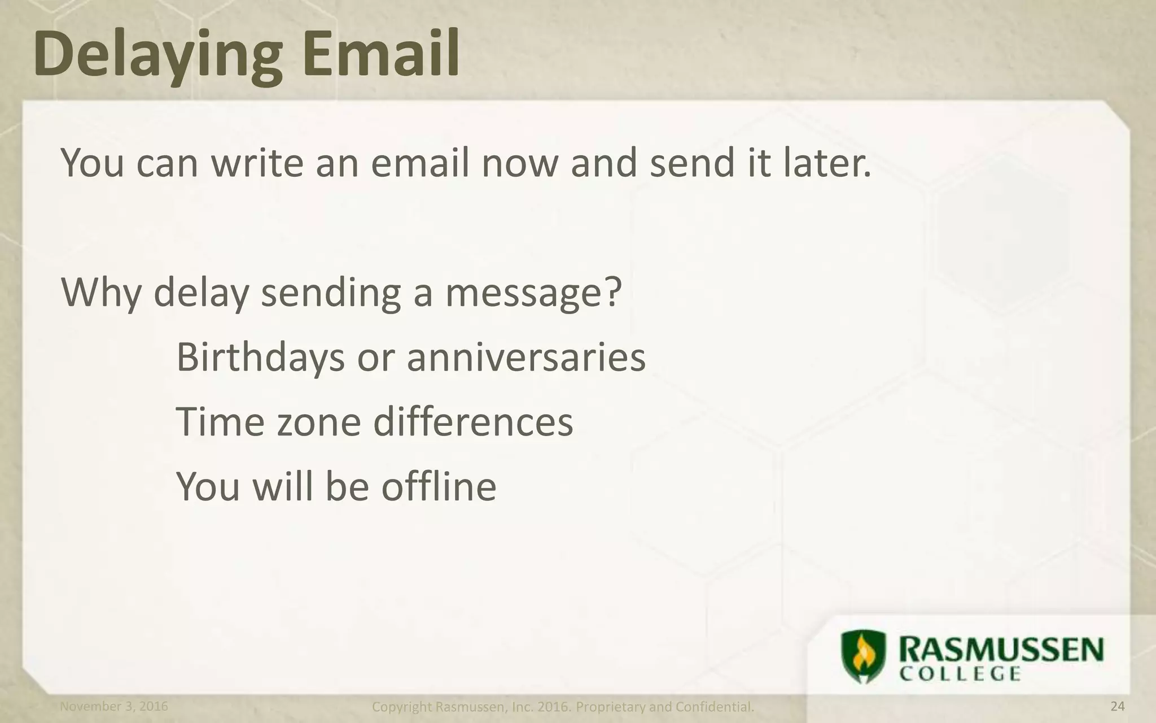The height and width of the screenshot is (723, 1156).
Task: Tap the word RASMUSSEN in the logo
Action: click(x=1000, y=649)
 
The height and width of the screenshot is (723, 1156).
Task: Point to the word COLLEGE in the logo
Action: click(x=960, y=674)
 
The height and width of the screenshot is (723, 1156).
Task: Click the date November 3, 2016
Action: click(x=114, y=706)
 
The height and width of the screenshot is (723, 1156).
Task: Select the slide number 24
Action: click(x=1118, y=706)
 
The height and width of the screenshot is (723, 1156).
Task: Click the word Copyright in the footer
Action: click(x=402, y=707)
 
